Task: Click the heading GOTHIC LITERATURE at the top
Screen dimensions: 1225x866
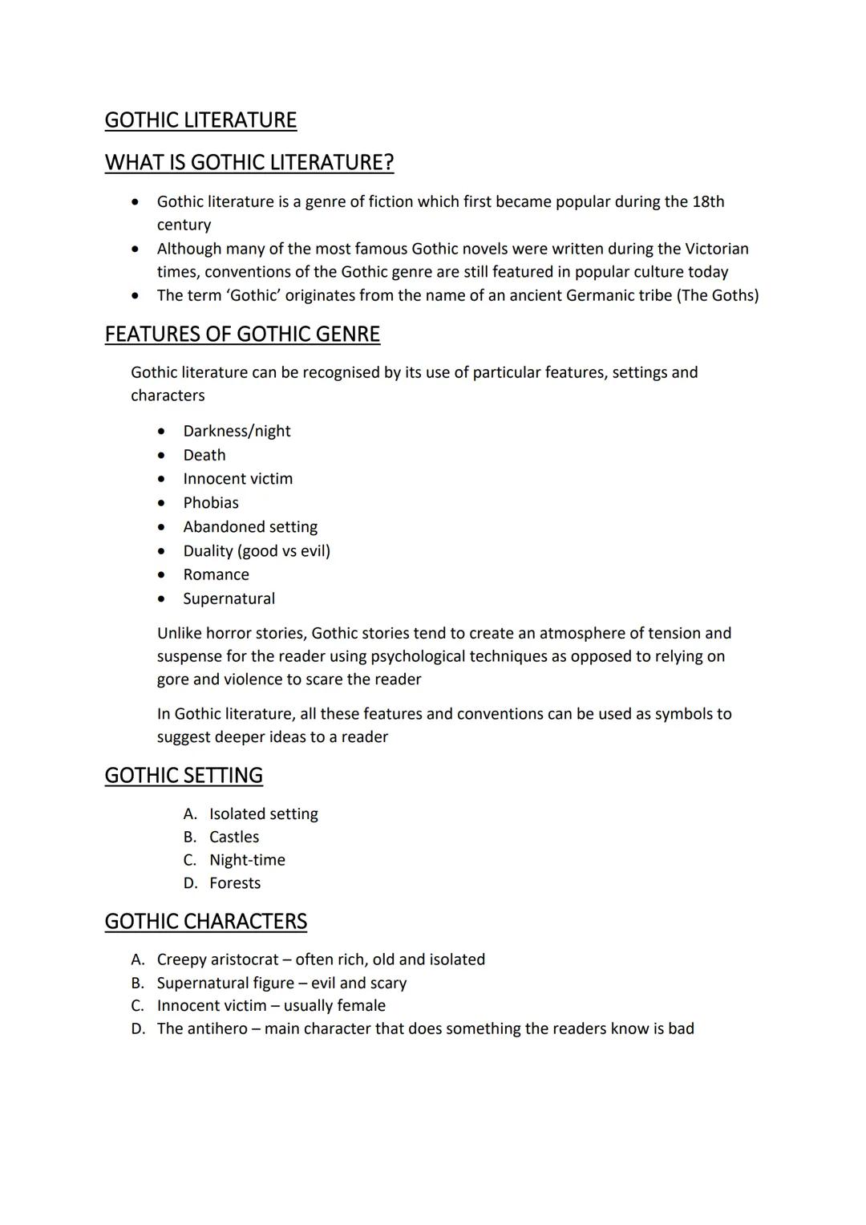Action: tap(200, 120)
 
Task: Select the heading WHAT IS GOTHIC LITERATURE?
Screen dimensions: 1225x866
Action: tap(249, 163)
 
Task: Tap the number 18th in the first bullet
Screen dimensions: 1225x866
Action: tap(708, 201)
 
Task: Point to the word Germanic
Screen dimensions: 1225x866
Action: tap(600, 295)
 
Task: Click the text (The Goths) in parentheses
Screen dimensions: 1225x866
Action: tap(718, 295)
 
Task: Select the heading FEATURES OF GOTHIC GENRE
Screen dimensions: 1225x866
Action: tap(242, 335)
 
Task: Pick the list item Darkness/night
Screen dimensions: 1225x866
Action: tap(237, 431)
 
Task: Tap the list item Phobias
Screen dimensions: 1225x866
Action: tap(211, 503)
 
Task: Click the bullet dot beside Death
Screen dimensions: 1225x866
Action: tap(162, 456)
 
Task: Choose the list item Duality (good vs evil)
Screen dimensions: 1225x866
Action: tap(257, 551)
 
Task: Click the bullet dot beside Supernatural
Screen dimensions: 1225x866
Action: tap(162, 599)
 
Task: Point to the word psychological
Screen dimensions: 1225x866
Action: tap(417, 656)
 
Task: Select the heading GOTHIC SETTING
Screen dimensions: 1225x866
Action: tap(184, 776)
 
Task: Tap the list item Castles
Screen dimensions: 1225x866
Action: tap(234, 837)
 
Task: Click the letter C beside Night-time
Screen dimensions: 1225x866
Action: tap(189, 860)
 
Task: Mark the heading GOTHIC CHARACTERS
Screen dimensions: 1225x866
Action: tap(206, 922)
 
